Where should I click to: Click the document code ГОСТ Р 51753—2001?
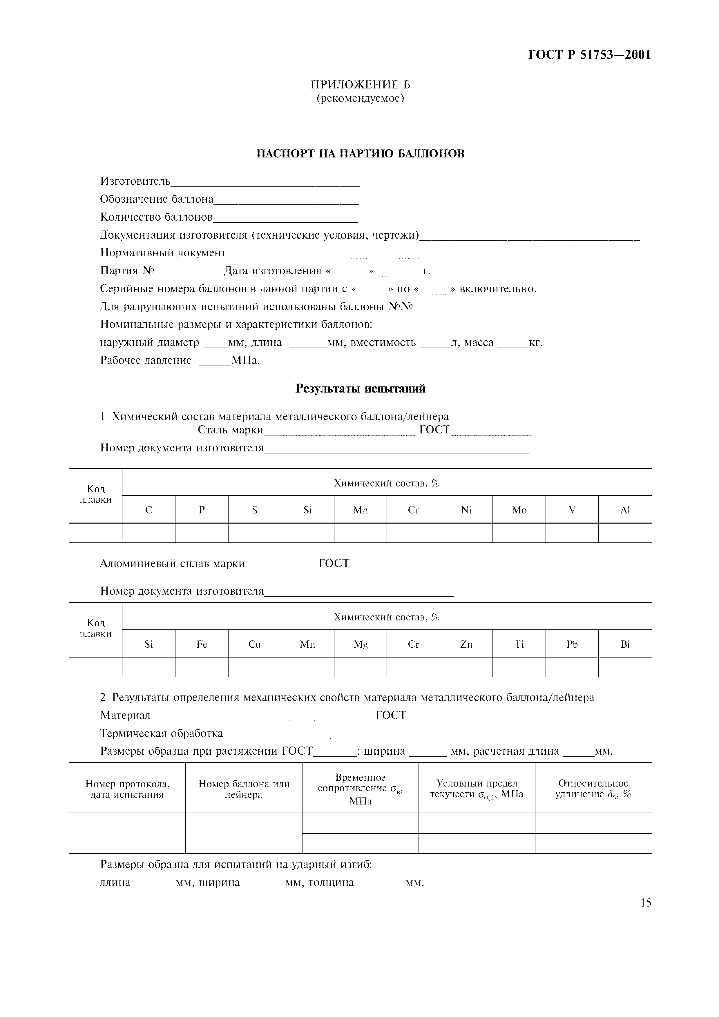point(590,55)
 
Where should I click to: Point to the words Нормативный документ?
point(163,253)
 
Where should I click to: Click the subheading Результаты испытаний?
point(360,388)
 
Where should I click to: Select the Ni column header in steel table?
point(466,510)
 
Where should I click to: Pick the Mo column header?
point(519,510)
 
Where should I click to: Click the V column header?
point(572,510)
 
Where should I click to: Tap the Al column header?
point(625,510)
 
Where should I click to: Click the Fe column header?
point(202,644)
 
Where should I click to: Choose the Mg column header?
point(360,644)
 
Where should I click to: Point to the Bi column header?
point(625,644)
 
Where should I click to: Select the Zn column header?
point(466,644)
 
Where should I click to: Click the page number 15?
point(645,903)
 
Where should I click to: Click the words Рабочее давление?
point(146,360)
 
